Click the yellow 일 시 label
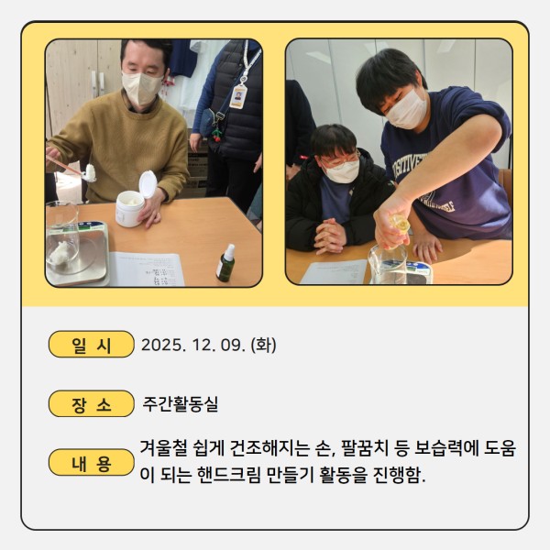(x=91, y=344)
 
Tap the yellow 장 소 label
(x=91, y=403)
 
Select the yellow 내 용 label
(x=91, y=462)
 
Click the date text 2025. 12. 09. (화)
(x=209, y=345)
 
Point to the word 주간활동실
(x=181, y=404)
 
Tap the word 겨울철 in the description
(x=163, y=448)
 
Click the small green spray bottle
(x=225, y=263)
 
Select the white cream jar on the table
(x=129, y=208)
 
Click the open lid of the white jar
(x=148, y=184)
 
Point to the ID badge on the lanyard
(x=238, y=96)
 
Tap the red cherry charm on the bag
(x=216, y=136)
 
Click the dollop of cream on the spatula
(x=90, y=173)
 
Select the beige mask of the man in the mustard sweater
(x=141, y=88)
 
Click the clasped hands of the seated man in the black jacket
(x=329, y=236)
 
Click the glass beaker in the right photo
(x=389, y=264)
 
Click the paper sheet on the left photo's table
(x=147, y=269)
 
